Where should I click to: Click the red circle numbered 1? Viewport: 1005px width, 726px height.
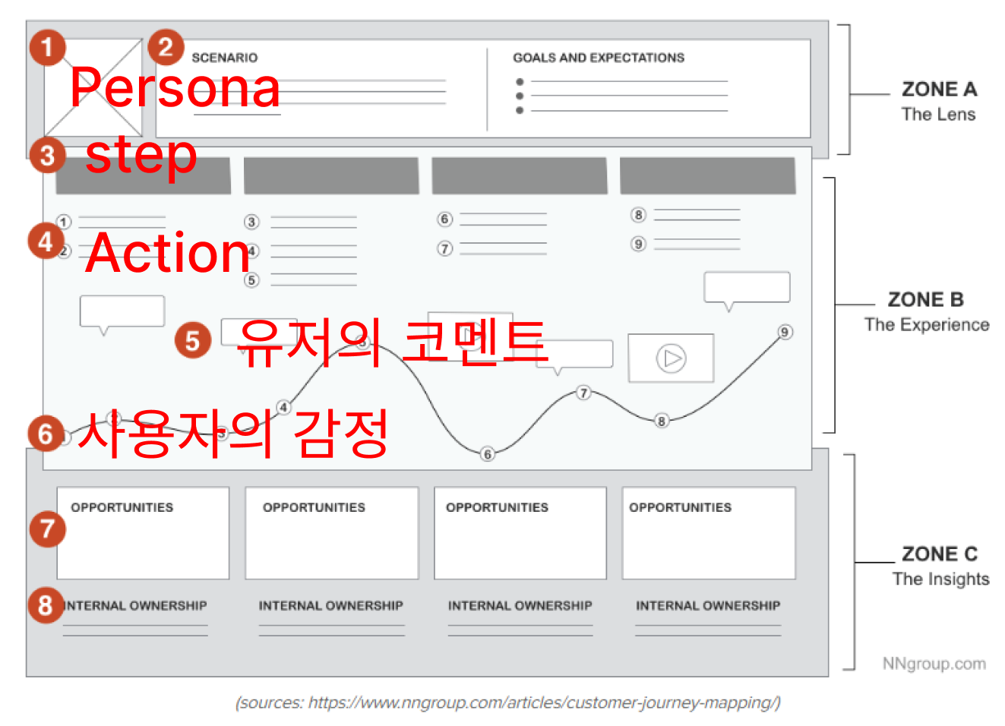point(47,47)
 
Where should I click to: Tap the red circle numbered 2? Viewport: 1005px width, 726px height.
point(166,47)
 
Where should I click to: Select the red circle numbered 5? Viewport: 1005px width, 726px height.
point(193,340)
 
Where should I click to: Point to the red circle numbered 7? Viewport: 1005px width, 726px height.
point(47,529)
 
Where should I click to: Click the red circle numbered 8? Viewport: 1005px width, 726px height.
point(46,605)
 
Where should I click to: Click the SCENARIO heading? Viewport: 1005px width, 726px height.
point(224,58)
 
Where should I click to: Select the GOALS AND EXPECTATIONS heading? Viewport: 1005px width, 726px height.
point(599,58)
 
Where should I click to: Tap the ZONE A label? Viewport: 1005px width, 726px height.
point(939,90)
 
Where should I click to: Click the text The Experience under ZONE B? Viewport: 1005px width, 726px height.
point(927,325)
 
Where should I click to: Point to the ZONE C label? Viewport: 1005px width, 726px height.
point(940,554)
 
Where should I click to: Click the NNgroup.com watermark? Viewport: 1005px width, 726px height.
point(934,664)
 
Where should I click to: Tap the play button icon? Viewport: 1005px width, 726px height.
point(672,358)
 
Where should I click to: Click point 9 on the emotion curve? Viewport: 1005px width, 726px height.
point(785,332)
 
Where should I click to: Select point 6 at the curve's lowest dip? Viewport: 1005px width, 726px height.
point(488,453)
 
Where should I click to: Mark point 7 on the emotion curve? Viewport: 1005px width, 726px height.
point(583,393)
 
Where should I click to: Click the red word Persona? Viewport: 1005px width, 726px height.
point(175,87)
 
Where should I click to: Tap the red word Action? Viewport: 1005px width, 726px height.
point(168,252)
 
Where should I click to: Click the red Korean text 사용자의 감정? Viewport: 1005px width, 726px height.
point(233,433)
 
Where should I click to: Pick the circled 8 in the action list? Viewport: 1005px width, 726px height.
point(638,215)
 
